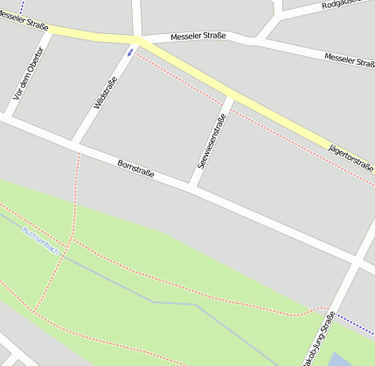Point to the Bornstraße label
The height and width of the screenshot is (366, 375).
[x=135, y=168]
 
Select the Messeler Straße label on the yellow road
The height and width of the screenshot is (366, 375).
[x=17, y=17]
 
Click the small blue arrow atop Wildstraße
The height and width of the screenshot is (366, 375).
[x=130, y=52]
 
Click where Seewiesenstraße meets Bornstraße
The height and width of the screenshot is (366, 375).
[x=195, y=186]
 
